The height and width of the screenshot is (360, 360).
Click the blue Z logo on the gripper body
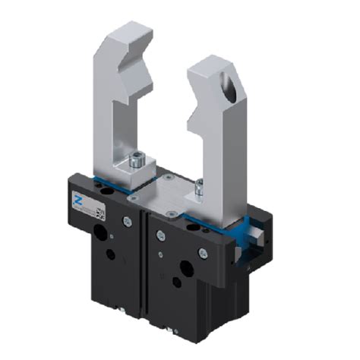click(x=77, y=198)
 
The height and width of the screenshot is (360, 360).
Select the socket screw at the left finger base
click(x=137, y=160)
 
